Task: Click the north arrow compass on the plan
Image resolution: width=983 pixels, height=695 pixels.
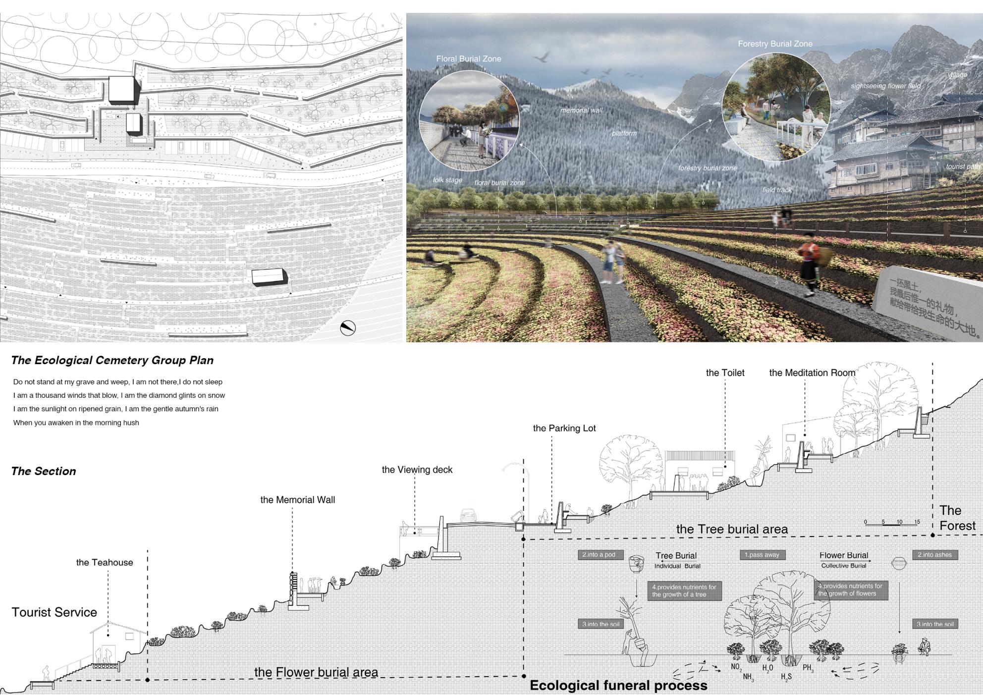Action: pyautogui.click(x=348, y=328)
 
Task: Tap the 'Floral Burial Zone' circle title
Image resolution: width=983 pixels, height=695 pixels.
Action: pyautogui.click(x=468, y=59)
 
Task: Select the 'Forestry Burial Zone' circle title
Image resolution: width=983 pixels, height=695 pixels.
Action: pyautogui.click(x=775, y=44)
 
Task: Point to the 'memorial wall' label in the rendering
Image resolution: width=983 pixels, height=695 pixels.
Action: pyautogui.click(x=581, y=110)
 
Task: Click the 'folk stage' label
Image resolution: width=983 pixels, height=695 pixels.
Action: pyautogui.click(x=447, y=180)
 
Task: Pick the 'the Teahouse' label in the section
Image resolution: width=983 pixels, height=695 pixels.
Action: pyautogui.click(x=105, y=562)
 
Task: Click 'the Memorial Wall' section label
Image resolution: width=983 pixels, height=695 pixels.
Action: pyautogui.click(x=297, y=500)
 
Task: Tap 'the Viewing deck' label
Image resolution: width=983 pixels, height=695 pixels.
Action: pyautogui.click(x=417, y=470)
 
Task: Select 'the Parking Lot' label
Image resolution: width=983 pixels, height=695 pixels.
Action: pyautogui.click(x=564, y=428)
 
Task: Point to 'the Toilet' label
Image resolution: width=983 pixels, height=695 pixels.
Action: pyautogui.click(x=725, y=373)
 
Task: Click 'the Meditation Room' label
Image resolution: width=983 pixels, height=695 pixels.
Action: pyautogui.click(x=812, y=373)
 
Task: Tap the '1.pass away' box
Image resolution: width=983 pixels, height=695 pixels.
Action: pyautogui.click(x=762, y=555)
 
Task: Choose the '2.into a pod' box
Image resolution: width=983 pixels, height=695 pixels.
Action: pyautogui.click(x=599, y=555)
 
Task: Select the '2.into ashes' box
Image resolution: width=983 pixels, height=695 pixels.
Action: pyautogui.click(x=934, y=555)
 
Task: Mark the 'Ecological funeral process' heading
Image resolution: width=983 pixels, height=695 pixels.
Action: pyautogui.click(x=618, y=686)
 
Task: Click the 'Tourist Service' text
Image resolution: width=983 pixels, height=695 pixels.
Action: pyautogui.click(x=55, y=612)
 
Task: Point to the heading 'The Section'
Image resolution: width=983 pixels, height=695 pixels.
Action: pyautogui.click(x=44, y=471)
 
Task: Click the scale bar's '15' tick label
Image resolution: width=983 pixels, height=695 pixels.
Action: pyautogui.click(x=917, y=522)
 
